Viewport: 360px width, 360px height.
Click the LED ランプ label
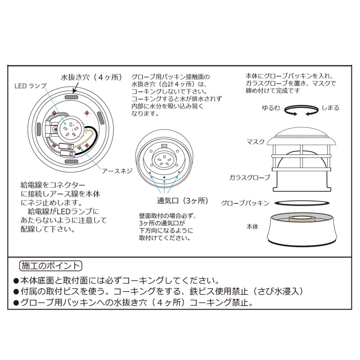pos(31,86)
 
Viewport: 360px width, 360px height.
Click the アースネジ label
pos(117,171)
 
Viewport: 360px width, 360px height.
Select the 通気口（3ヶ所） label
pos(183,201)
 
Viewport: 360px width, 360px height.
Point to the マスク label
pos(256,142)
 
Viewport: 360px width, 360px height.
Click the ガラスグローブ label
pos(250,177)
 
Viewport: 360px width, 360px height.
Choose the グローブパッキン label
pos(245,203)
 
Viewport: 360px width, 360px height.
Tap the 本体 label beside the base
pos(252,227)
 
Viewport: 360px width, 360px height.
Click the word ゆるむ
pos(271,108)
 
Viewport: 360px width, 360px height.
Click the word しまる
pos(330,108)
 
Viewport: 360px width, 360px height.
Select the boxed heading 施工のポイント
pos(51,266)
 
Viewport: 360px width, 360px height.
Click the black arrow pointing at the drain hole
pos(76,88)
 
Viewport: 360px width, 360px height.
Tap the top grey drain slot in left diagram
pos(72,97)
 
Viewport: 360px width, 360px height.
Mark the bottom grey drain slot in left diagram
pos(72,162)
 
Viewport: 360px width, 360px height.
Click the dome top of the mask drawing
pos(302,133)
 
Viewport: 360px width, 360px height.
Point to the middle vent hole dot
pos(164,177)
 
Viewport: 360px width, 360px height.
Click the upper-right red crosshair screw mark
pos(87,113)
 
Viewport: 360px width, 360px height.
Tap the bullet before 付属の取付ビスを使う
pos(16,292)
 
